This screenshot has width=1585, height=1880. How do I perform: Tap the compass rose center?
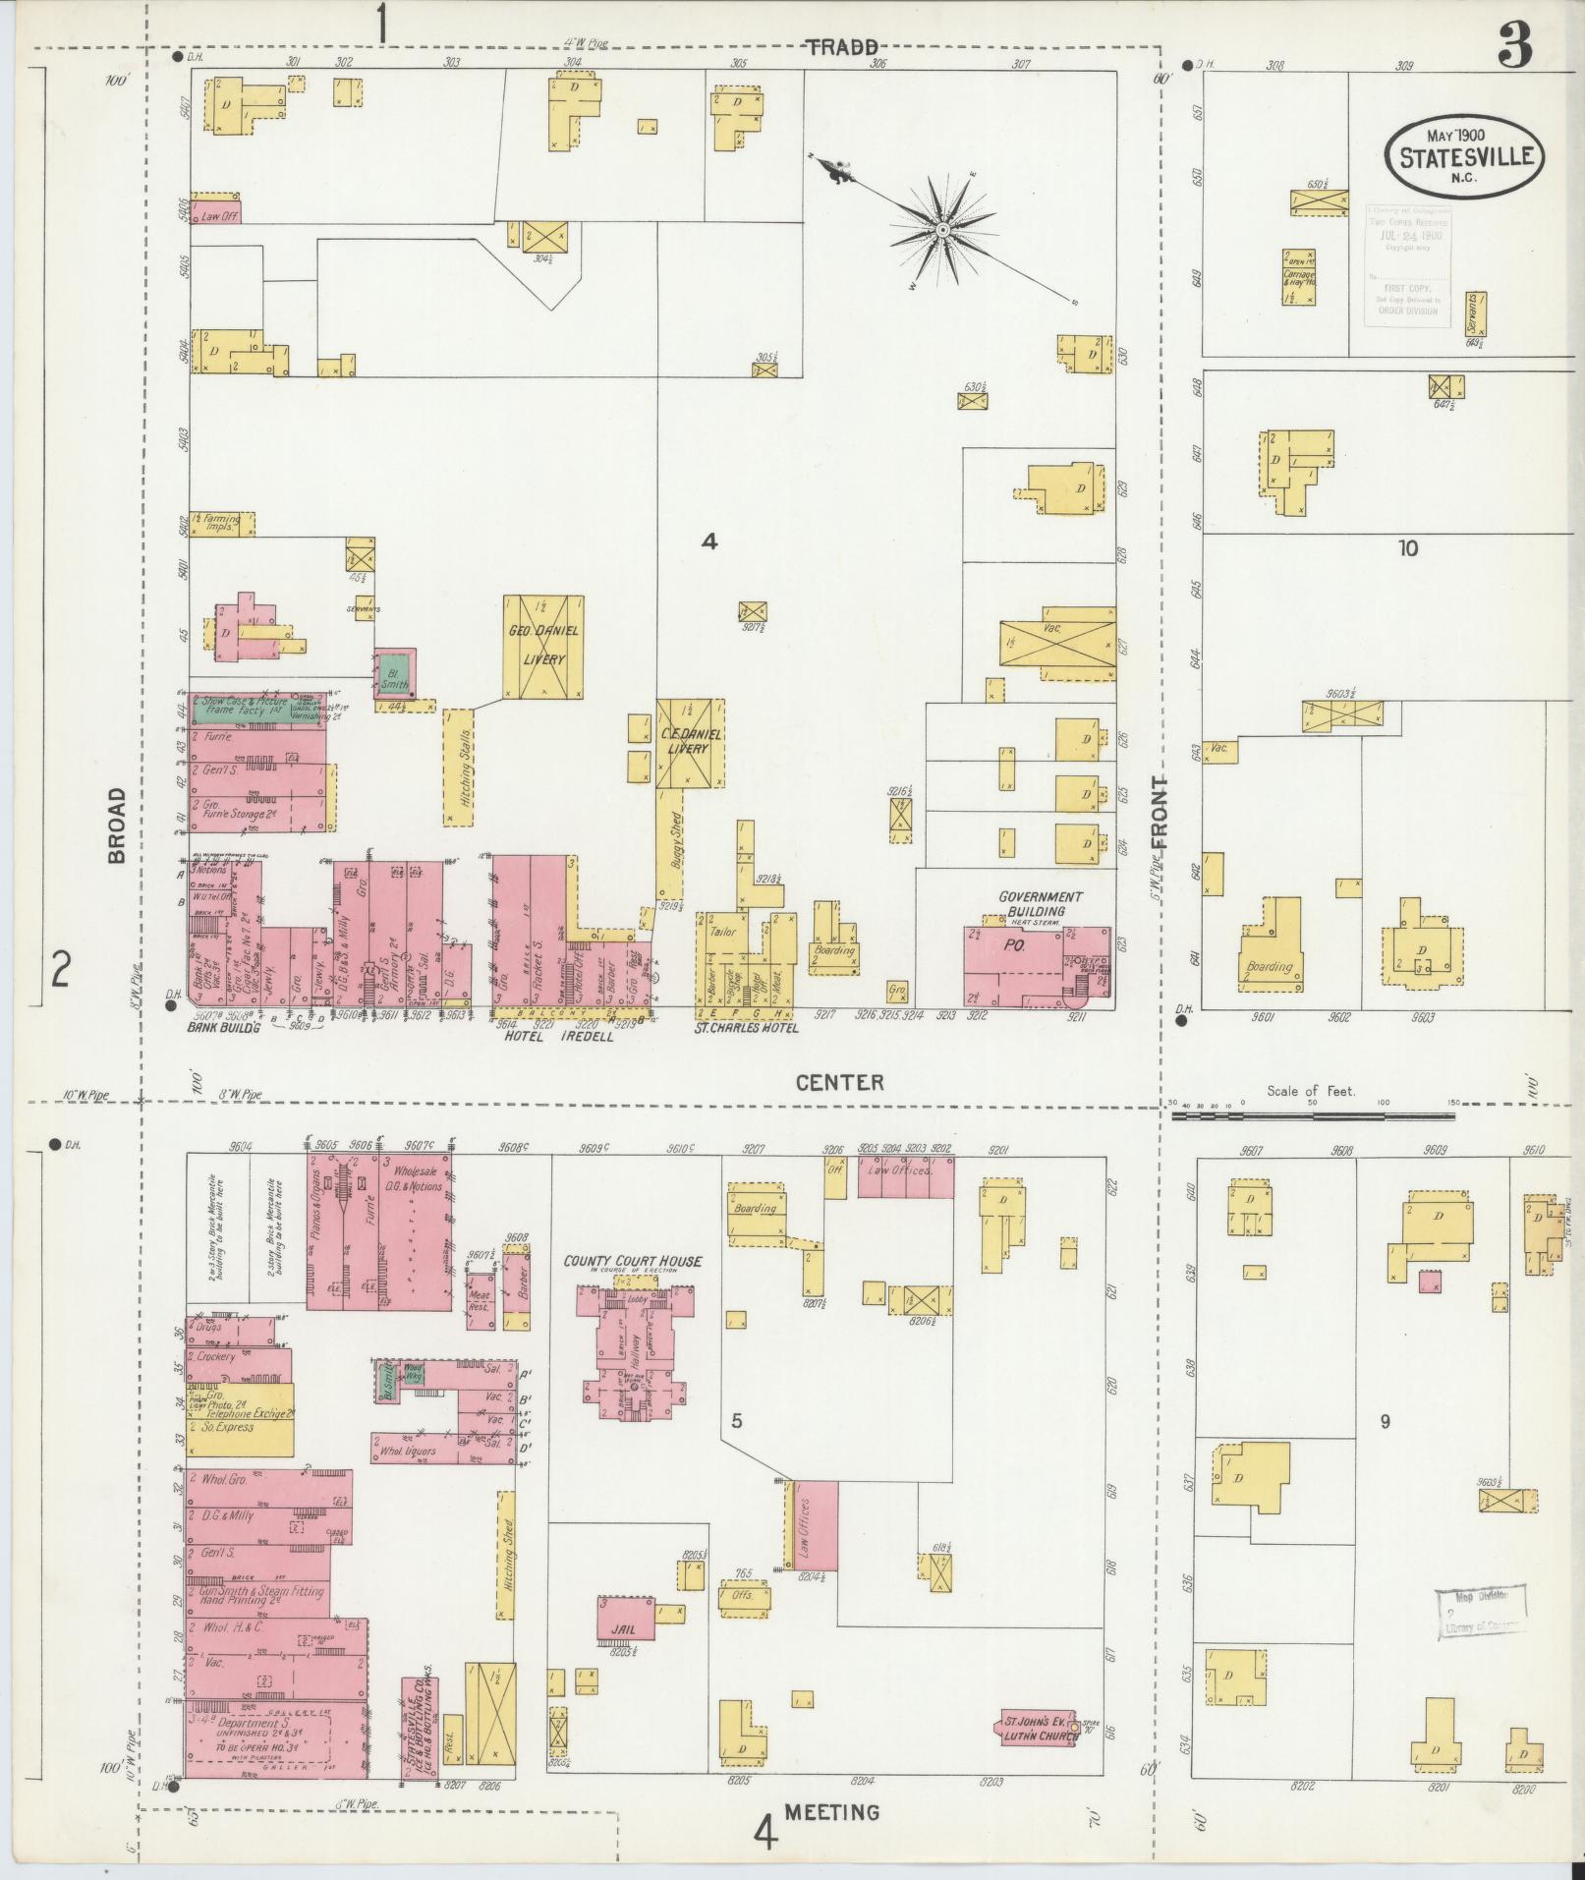pos(941,230)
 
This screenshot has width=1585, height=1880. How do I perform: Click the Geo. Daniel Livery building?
pos(543,646)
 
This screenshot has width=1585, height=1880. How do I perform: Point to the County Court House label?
pos(632,1261)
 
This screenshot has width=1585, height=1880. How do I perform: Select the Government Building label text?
pos(1040,903)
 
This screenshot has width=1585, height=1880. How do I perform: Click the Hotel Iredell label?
pos(557,1036)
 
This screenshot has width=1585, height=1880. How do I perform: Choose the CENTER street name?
pos(839,1082)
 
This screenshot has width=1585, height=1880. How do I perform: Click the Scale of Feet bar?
pos(1312,1116)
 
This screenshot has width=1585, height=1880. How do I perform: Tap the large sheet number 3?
pos(1516,47)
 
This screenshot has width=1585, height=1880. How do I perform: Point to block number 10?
pos(1408,548)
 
